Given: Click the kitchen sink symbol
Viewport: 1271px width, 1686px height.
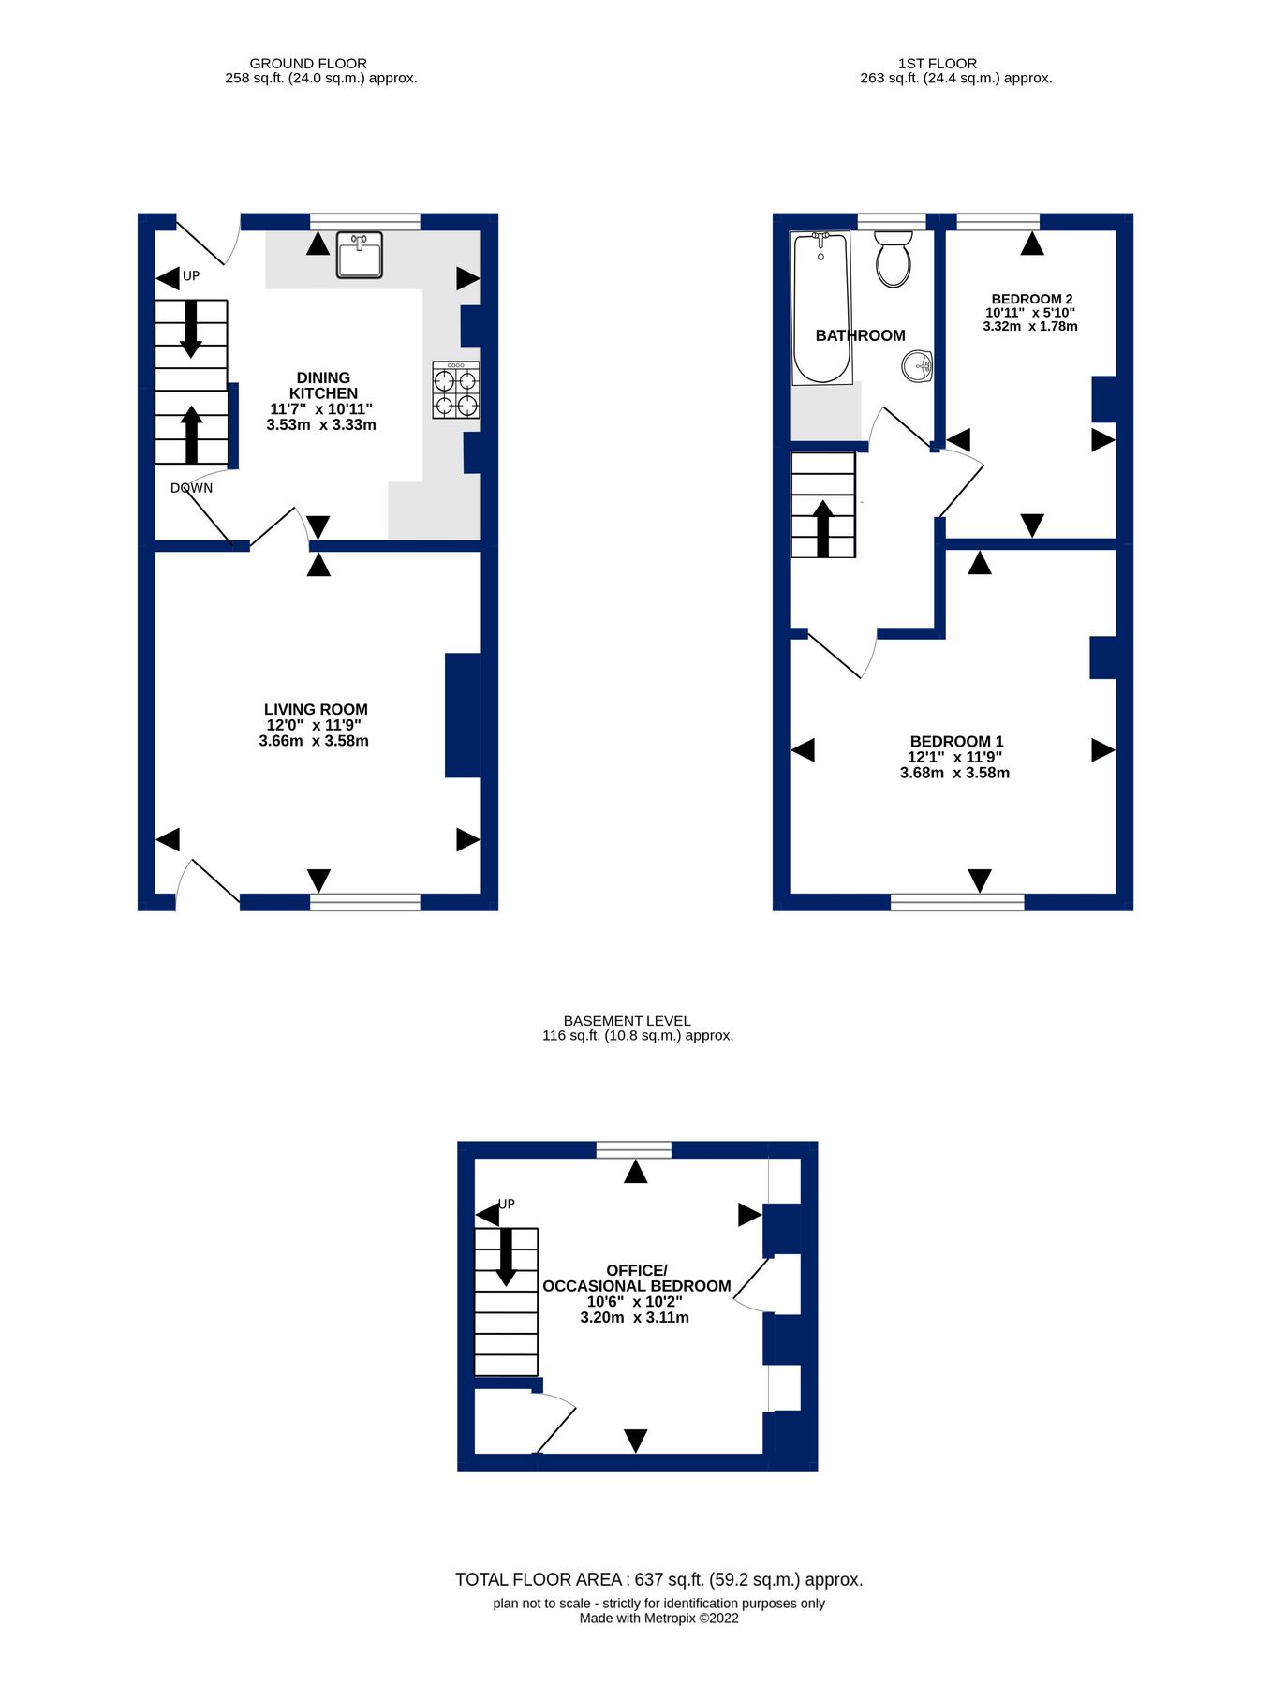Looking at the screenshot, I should (360, 256).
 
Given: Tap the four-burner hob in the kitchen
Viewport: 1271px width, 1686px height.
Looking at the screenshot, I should (456, 390).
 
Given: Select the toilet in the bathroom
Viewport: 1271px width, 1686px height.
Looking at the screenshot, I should (894, 259).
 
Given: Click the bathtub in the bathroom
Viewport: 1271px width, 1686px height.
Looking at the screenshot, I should (821, 308).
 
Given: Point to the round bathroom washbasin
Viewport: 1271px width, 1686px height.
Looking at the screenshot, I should (919, 366).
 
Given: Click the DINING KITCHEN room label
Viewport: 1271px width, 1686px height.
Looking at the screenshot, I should (323, 386).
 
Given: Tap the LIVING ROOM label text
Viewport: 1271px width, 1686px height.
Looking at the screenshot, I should (316, 710).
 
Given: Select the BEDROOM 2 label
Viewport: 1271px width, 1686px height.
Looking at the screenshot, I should (1031, 299).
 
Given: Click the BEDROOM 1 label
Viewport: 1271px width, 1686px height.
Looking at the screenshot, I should (956, 741).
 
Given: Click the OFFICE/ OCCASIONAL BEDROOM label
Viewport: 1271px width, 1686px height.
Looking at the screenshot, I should (637, 1279).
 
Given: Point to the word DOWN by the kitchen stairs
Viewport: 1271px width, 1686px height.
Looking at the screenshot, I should (191, 488).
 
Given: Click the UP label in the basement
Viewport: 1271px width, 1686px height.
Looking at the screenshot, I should (507, 1205).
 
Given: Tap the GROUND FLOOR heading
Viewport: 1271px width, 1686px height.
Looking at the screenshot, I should (308, 64).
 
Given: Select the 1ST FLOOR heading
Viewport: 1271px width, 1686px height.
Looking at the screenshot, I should (937, 64).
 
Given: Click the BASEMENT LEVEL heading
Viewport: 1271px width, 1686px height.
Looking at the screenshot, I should (627, 1021).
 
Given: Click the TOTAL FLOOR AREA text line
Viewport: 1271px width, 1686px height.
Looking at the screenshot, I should (658, 1580).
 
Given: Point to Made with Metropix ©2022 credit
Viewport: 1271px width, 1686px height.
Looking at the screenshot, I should (658, 1619).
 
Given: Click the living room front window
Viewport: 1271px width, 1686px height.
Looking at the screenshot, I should (365, 902).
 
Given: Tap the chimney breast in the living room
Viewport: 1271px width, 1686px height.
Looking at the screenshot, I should (463, 716).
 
